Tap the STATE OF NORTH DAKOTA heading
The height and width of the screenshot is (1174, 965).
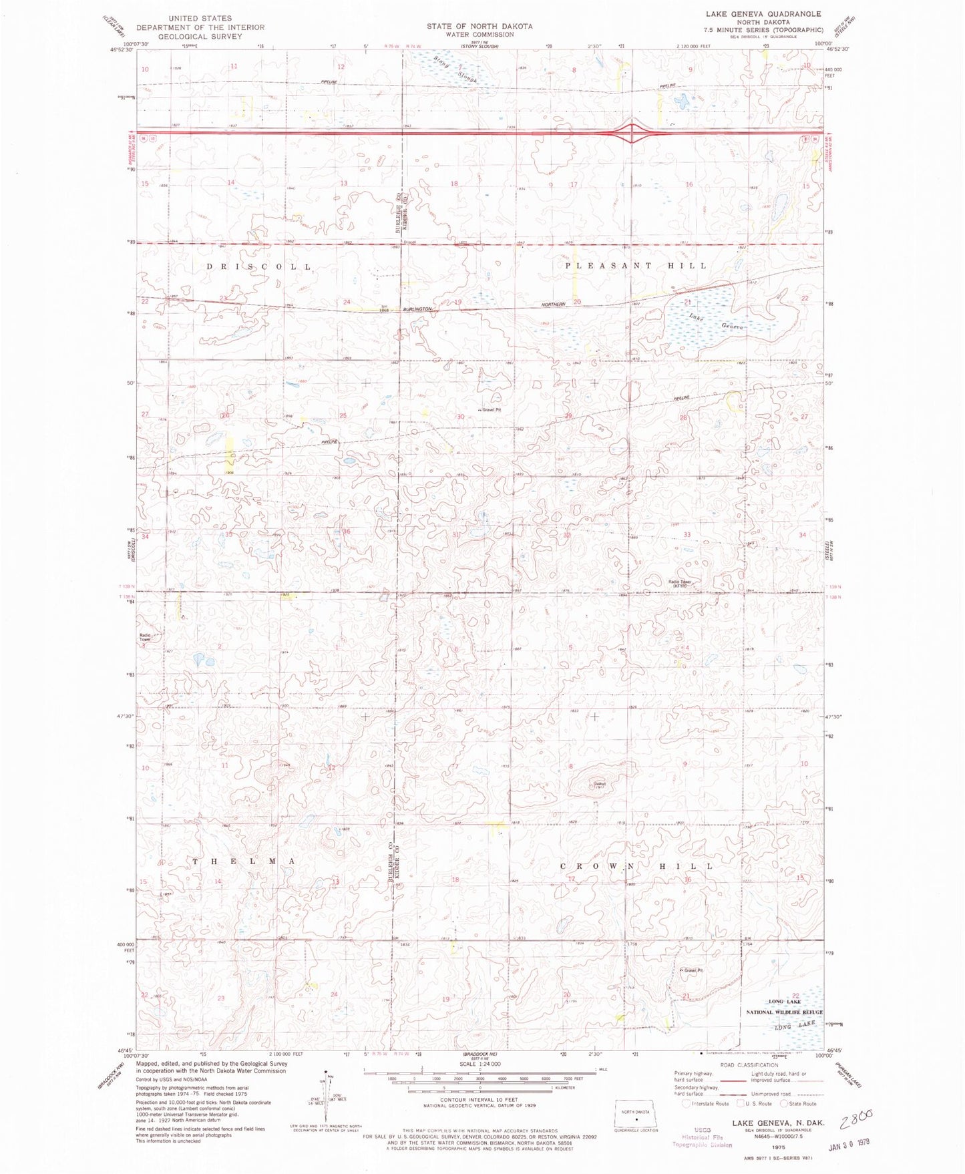coord(479,26)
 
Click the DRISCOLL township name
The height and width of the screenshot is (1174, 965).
coord(259,267)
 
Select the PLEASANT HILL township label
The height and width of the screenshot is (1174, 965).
coord(636,266)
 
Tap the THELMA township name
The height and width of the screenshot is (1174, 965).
coord(244,861)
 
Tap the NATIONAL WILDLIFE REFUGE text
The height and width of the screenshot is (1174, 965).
coord(784,1012)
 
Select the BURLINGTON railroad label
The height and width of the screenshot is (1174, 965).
coord(418,309)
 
